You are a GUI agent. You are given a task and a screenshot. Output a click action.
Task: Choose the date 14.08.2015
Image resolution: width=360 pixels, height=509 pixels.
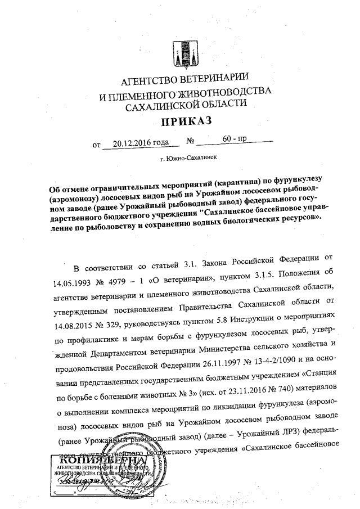tap(78, 326)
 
